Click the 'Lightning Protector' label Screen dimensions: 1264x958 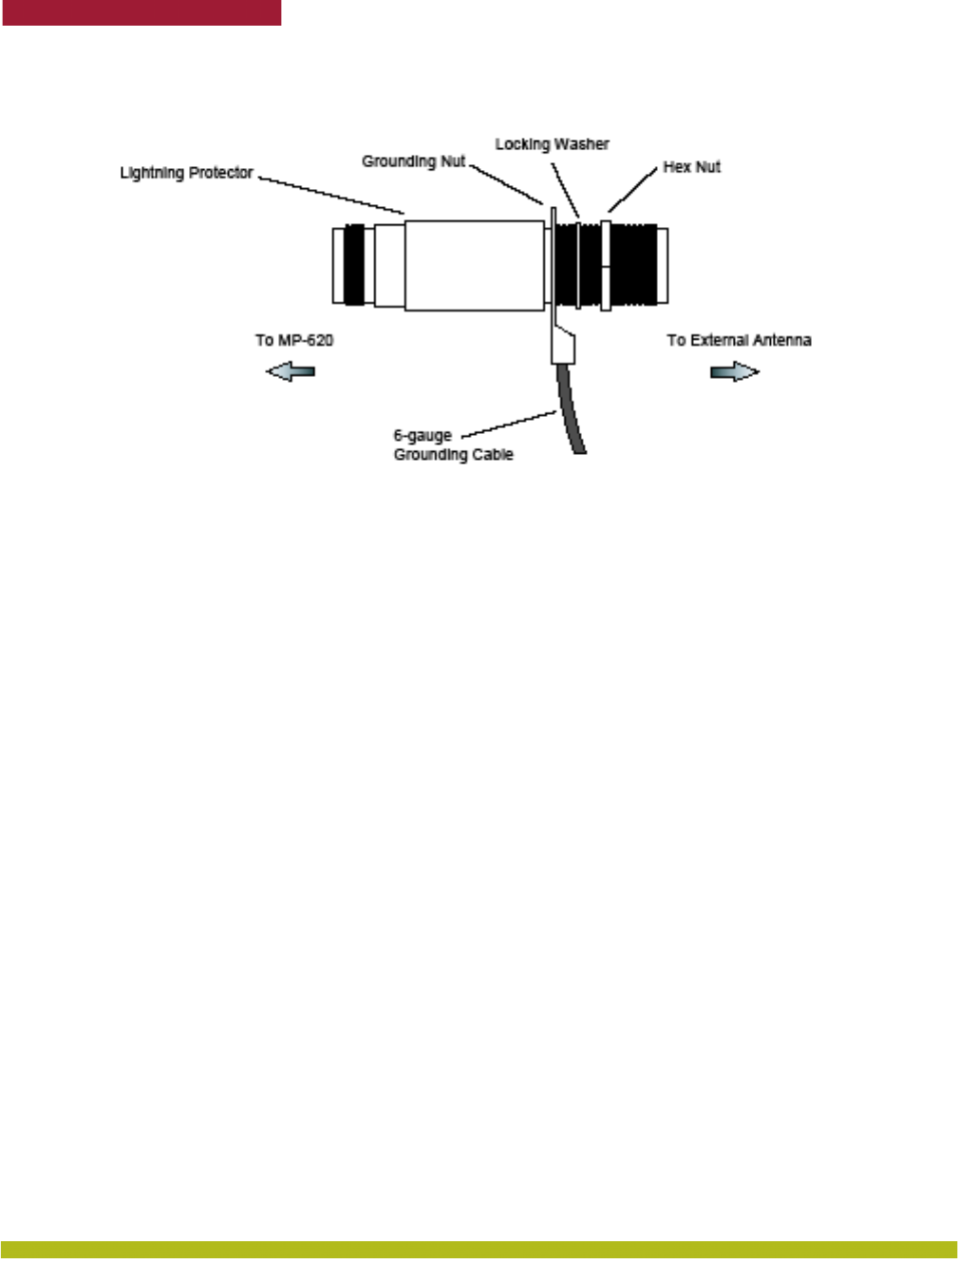[x=186, y=173]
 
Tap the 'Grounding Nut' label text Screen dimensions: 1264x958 [x=413, y=161]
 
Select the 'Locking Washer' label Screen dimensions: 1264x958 [x=552, y=144]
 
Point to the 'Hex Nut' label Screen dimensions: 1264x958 [x=691, y=167]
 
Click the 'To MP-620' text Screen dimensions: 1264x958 [x=294, y=340]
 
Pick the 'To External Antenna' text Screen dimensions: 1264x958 [x=739, y=340]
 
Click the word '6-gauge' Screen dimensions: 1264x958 [x=423, y=436]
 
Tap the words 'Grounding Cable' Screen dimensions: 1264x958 [x=453, y=455]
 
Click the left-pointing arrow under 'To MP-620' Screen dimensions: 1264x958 [x=291, y=371]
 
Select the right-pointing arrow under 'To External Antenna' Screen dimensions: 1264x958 [x=735, y=371]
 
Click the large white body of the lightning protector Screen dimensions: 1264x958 [x=474, y=265]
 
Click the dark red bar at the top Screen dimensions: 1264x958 [x=141, y=12]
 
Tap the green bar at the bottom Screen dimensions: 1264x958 [x=479, y=1250]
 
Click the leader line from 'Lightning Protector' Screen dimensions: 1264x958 [x=332, y=195]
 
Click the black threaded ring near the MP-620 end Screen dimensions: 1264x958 [x=353, y=265]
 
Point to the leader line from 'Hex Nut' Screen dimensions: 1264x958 [x=631, y=190]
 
